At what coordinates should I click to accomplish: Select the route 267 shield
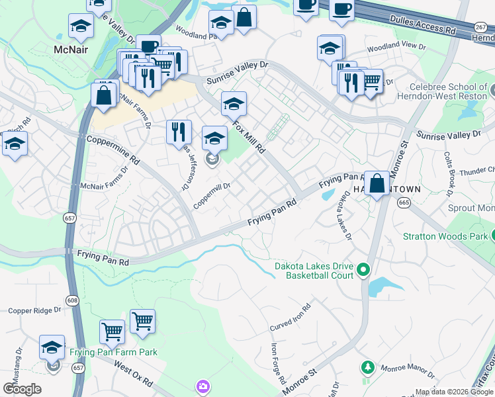click(481, 27)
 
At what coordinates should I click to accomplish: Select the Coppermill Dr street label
click(212, 197)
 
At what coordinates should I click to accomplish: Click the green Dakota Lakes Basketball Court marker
click(363, 269)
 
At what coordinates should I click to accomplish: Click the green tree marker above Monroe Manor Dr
click(367, 367)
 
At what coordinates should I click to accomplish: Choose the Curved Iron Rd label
click(291, 318)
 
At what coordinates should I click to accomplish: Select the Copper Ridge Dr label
click(34, 309)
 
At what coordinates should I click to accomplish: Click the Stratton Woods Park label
click(445, 236)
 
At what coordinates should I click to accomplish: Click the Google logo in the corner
click(22, 388)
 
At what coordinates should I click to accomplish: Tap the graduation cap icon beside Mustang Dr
click(52, 347)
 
